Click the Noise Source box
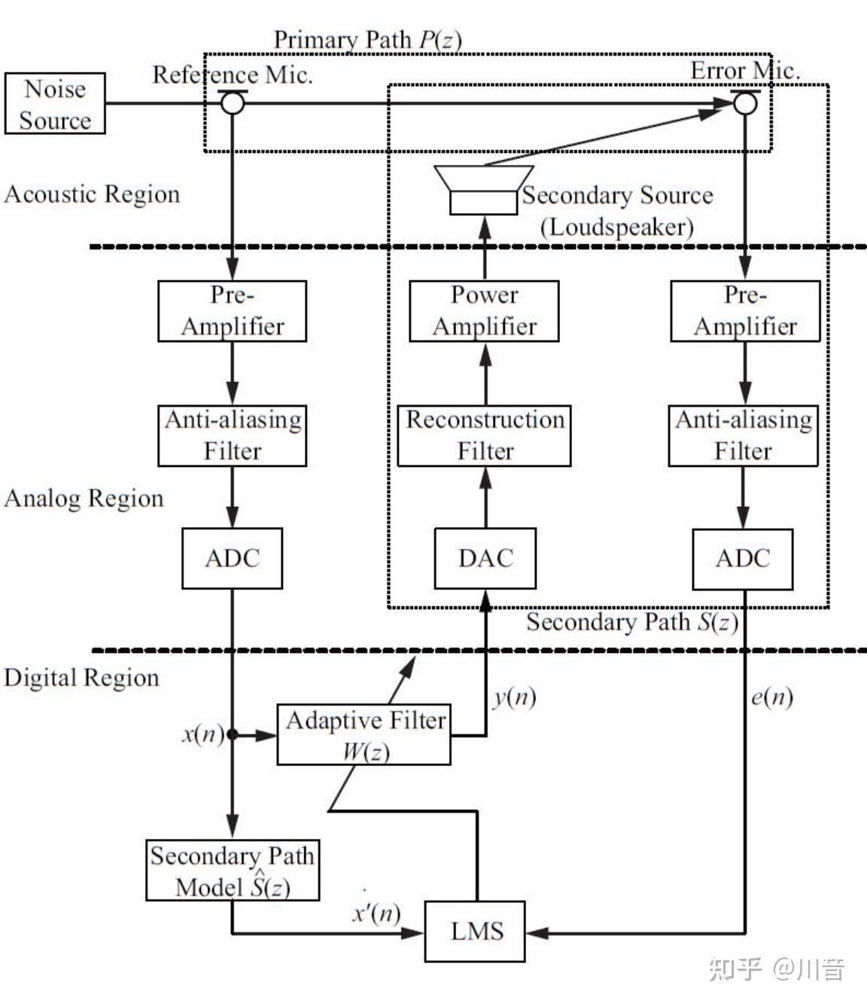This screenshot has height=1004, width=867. tap(55, 103)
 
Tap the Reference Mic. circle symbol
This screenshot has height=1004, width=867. tap(233, 103)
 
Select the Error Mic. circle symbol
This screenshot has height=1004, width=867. tap(745, 103)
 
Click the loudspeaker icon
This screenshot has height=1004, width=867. tap(484, 190)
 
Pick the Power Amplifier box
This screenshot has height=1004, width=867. tap(484, 311)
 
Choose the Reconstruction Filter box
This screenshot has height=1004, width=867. tap(484, 435)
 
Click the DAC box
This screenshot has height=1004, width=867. tap(485, 558)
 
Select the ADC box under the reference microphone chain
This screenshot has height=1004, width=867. tap(232, 558)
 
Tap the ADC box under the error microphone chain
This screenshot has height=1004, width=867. tap(743, 559)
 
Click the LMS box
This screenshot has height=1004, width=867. tap(475, 931)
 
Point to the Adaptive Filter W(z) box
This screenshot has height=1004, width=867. tap(364, 734)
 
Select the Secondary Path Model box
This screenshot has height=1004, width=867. tap(233, 870)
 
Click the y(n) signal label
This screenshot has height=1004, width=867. tap(515, 698)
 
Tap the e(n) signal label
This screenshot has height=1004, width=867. tap(772, 697)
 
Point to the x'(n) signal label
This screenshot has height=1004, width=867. tap(377, 913)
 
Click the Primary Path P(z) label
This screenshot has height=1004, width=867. tap(368, 40)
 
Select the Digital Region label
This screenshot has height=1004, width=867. tap(81, 678)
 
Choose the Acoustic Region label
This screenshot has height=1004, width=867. tap(93, 194)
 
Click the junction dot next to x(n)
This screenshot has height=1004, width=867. tap(233, 734)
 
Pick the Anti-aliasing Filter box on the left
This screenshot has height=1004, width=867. tap(232, 435)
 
